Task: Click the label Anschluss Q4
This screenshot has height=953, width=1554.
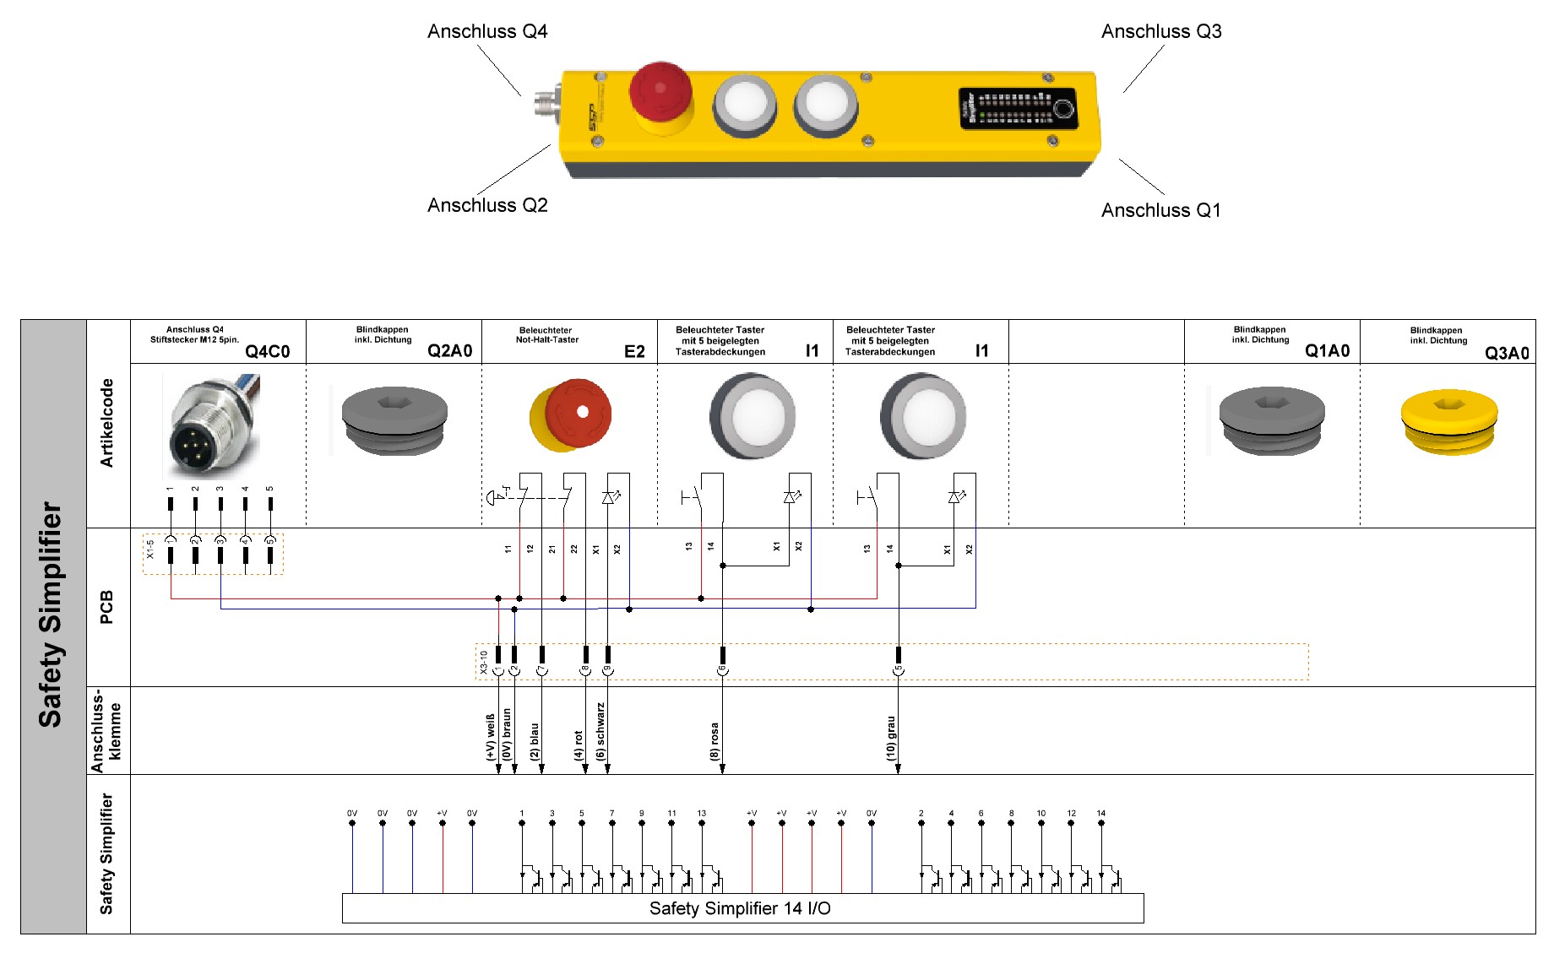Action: tap(487, 31)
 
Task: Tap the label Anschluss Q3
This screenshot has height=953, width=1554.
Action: tap(1160, 31)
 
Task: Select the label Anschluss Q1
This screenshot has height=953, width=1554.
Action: tap(1160, 210)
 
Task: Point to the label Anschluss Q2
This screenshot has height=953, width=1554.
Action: tap(487, 205)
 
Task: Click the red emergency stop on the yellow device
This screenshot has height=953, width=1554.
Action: tap(660, 93)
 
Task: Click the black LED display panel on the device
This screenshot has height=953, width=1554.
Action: tap(1017, 109)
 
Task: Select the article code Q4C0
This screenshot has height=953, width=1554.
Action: tap(267, 351)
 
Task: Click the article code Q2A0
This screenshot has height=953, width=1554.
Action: tap(449, 351)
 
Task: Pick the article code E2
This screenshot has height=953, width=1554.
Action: tap(634, 351)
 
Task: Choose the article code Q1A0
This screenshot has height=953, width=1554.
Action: tap(1327, 351)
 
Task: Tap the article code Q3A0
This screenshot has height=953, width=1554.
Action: tap(1507, 353)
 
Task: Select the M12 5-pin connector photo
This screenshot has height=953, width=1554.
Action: tap(211, 426)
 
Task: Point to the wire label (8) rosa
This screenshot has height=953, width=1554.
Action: tap(715, 741)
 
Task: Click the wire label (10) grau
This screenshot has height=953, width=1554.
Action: tap(890, 738)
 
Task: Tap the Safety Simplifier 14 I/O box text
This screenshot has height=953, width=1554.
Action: tap(740, 908)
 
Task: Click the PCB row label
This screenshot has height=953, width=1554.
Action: tap(106, 607)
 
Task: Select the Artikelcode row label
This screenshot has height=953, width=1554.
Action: tap(106, 423)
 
